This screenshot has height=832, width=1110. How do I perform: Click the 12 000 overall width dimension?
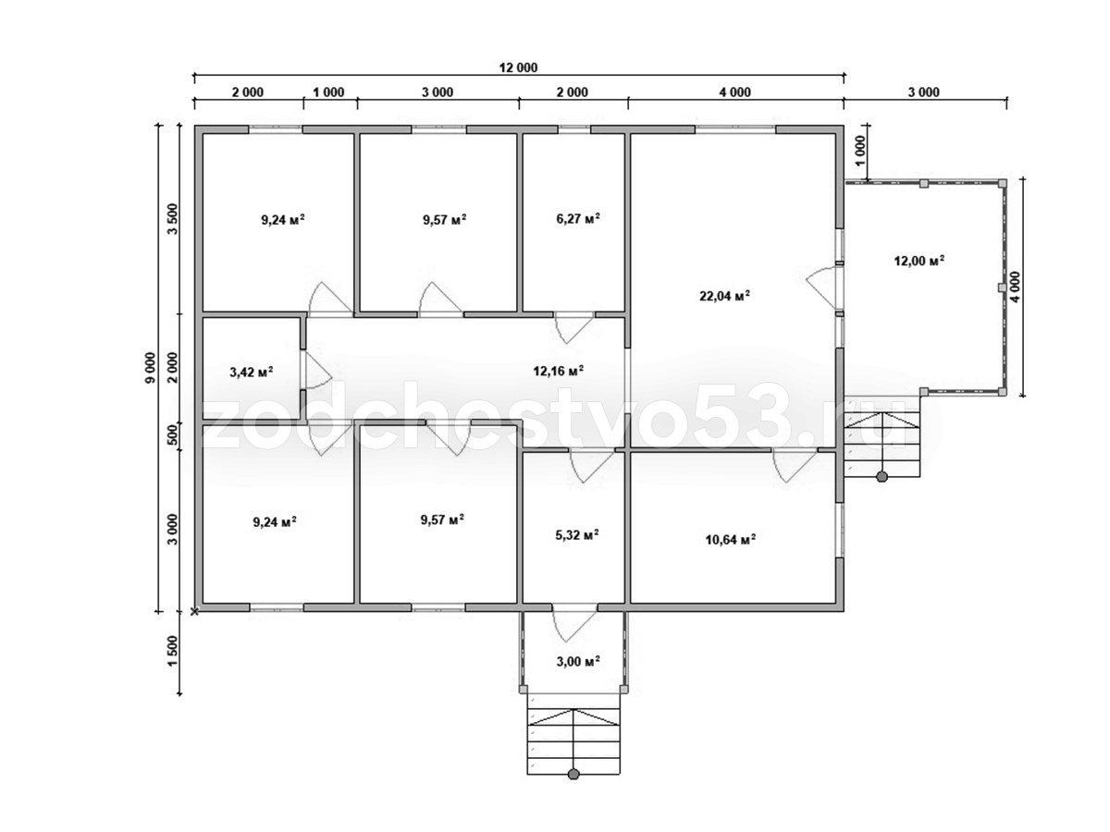tap(518, 67)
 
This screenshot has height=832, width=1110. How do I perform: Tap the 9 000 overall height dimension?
tap(151, 367)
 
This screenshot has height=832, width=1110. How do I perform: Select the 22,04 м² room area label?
tap(724, 296)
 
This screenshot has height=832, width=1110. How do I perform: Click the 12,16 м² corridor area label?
tap(559, 372)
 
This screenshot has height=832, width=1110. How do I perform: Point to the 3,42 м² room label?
tap(252, 373)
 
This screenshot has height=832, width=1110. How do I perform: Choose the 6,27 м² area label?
tap(578, 218)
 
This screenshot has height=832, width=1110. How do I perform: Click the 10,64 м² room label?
tap(730, 540)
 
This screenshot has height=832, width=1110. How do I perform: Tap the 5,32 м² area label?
tap(577, 534)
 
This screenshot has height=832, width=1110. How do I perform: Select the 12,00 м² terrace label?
tap(919, 261)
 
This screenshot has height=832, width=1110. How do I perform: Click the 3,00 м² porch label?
tap(578, 661)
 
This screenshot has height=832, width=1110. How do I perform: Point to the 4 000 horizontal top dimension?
tap(735, 92)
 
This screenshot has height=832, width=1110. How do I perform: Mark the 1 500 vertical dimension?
tap(173, 651)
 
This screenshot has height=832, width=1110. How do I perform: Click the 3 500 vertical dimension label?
tap(173, 219)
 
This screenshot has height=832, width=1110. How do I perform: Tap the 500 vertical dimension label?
tap(173, 434)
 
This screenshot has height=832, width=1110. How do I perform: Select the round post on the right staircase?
tap(882, 476)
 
